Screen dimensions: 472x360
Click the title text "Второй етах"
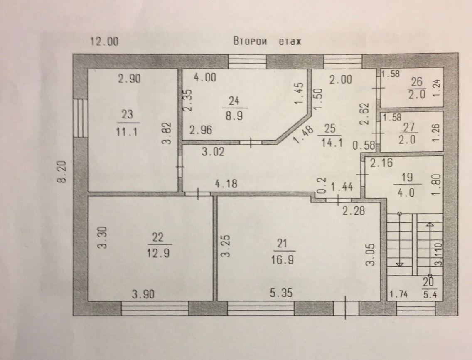pos(267,41)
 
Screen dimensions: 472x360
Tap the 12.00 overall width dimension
pos(104,41)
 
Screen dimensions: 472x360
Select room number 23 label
pos(127,114)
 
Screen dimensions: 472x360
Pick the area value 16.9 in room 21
pos(282,259)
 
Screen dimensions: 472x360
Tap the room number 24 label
pos(234,101)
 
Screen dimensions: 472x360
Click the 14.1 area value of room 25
pos(332,142)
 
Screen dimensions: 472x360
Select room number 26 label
pos(417,81)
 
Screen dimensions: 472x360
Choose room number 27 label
pos(408,128)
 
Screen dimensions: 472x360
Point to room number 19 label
pos(407,177)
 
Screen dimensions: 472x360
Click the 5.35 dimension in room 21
pos(281,293)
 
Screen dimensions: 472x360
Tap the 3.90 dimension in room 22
pos(143,294)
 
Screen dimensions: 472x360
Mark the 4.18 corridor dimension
pos(226,183)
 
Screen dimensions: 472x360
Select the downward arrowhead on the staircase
pos(399,264)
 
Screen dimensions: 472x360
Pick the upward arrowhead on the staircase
pos(430,224)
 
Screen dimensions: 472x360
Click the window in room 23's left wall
pos(80,118)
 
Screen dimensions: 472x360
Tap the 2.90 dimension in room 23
pos(130,79)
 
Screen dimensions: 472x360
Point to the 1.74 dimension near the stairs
pos(398,294)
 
